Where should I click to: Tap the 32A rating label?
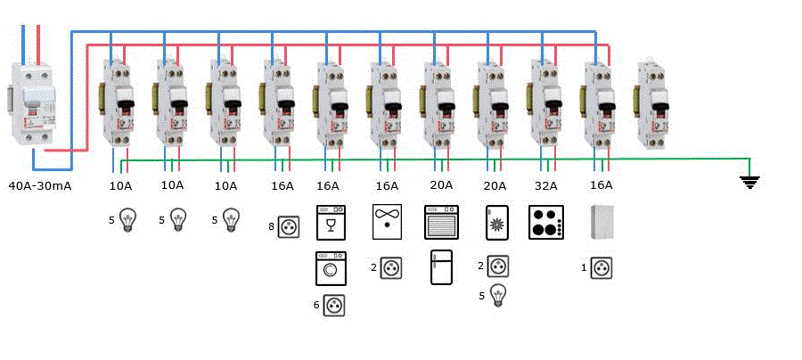pyautogui.click(x=546, y=186)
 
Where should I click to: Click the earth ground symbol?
pyautogui.click(x=750, y=183)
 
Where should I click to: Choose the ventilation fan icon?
pyautogui.click(x=387, y=222)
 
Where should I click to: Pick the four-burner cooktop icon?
pyautogui.click(x=545, y=222)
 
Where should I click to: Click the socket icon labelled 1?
pyautogui.click(x=603, y=266)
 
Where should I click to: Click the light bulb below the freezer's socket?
pyautogui.click(x=497, y=295)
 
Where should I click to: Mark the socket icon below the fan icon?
pyautogui.click(x=390, y=266)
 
